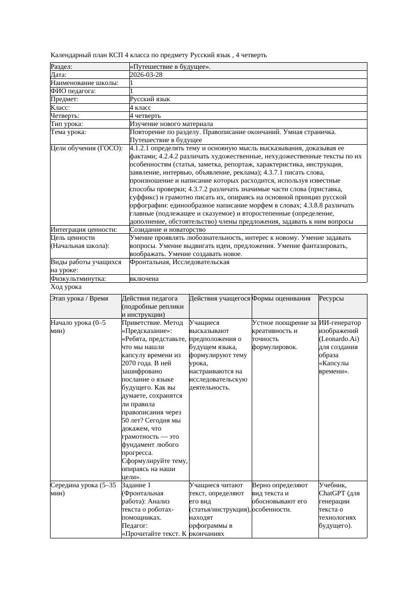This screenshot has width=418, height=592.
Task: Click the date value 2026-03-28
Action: (146, 74)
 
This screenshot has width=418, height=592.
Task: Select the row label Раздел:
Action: (61, 66)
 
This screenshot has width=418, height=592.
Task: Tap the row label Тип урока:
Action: (66, 123)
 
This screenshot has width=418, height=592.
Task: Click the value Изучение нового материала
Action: (171, 123)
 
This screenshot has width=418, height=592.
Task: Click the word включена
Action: (144, 278)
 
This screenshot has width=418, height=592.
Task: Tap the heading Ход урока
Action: (66, 287)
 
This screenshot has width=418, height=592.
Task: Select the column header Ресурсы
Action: (332, 299)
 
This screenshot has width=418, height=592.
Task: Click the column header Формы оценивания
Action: (281, 299)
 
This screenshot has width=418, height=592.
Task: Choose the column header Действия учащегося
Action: (219, 299)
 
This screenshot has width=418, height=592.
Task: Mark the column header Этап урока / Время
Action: (79, 299)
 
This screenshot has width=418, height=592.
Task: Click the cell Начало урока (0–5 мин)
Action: (78, 326)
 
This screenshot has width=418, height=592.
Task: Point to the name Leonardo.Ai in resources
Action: (339, 339)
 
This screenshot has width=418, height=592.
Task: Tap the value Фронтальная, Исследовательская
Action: (179, 262)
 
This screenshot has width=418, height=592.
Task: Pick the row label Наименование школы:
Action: (84, 82)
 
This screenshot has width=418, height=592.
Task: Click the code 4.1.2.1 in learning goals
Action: (141, 148)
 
